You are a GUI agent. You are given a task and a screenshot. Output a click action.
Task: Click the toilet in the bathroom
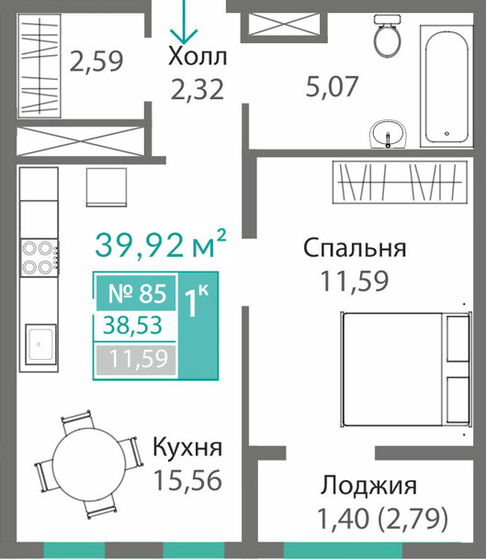point(386,36)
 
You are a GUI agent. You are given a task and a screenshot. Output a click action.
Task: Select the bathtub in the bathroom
point(446,85)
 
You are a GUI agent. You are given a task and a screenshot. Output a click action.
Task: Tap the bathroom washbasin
point(388,134)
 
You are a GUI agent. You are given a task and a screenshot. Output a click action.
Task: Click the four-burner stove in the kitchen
point(40,257)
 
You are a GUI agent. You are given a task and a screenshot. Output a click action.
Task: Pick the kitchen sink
point(40,344)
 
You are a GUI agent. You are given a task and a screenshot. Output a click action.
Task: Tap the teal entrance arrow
point(184,21)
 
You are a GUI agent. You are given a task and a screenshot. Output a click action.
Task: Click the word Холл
point(198,56)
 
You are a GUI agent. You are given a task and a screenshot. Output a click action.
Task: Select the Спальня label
point(355,248)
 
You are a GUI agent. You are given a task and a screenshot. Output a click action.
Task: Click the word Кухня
point(187,448)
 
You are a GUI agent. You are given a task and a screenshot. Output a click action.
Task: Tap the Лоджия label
point(368,486)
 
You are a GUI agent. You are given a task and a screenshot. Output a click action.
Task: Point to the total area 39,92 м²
point(161,245)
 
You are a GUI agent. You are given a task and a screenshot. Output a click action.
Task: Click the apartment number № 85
point(137,294)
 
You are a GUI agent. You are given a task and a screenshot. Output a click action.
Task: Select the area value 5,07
point(332,86)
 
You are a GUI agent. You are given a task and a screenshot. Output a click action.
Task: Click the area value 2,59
point(96,62)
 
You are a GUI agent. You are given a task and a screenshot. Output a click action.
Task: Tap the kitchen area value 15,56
point(187,480)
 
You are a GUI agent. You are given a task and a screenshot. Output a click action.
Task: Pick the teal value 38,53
point(132,325)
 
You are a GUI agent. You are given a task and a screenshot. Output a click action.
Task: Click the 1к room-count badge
point(197,301)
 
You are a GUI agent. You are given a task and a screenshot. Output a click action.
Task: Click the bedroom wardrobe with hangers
point(400,182)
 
